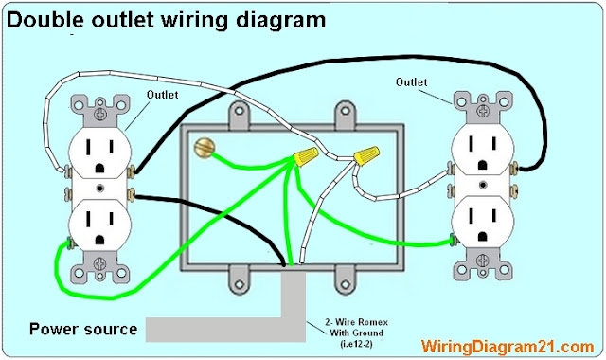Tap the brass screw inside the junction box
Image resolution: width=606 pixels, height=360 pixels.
coord(203,148)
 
